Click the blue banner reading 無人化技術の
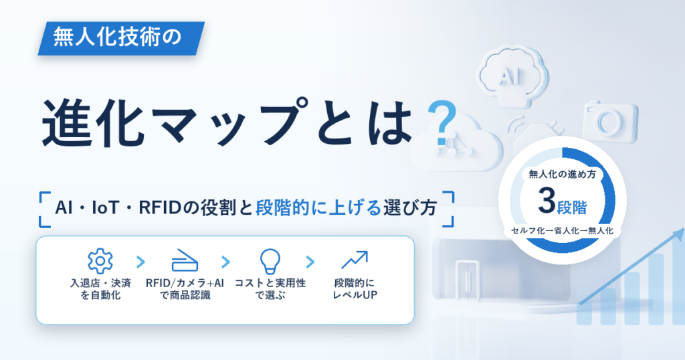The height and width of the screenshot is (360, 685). pos(121,38)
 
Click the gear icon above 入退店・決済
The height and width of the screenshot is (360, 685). pos(100,261)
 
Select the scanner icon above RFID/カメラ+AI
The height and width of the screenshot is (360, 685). pos(185,260)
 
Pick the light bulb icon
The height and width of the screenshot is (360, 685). pos(270,262)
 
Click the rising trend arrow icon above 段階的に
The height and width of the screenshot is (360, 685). pos(355,260)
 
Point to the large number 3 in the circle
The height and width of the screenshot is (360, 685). pos(547,201)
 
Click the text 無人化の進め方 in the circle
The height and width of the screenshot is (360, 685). pos(562,175)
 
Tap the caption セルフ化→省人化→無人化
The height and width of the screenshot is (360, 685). pos(562,231)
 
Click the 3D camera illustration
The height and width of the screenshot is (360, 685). pos(610,122)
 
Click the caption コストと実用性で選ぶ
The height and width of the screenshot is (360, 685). pos(270,289)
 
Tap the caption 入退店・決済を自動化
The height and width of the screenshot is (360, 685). pos(100,289)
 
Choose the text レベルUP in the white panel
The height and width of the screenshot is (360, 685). pos(355,295)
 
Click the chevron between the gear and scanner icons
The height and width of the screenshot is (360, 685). pos(140,262)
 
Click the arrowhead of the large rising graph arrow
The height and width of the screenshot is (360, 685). pos(679,235)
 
